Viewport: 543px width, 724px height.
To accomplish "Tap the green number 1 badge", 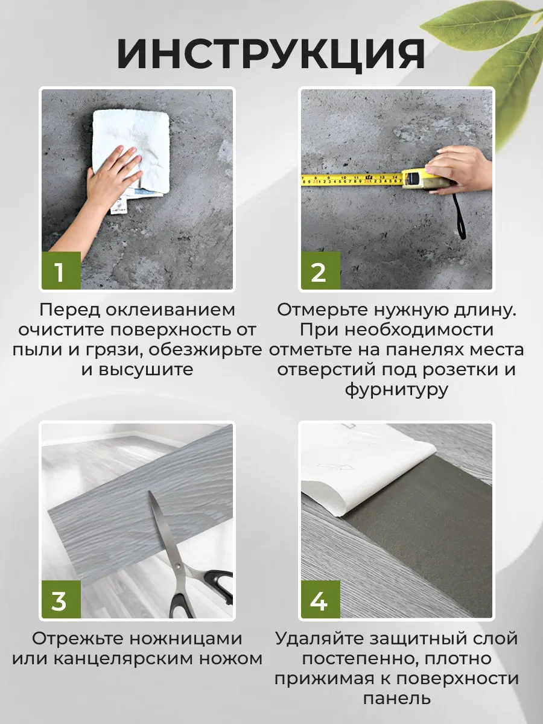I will [x=60, y=271].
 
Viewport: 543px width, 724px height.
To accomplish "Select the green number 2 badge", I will [x=319, y=271].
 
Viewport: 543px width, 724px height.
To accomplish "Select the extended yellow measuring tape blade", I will [x=350, y=179].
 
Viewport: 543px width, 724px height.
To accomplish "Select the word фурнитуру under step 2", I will [x=396, y=390].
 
